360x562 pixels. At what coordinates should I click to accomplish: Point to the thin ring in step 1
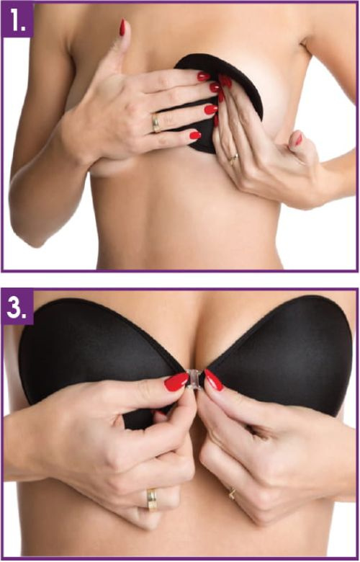coord(232,156)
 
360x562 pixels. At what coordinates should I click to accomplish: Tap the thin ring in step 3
coord(232,494)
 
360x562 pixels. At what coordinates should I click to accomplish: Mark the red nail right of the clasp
coord(214,380)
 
